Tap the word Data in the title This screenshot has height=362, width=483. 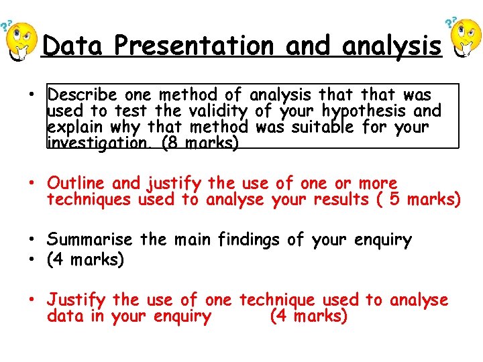(72, 46)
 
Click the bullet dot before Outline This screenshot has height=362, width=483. (33, 184)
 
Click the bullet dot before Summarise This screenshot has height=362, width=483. (33, 240)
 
